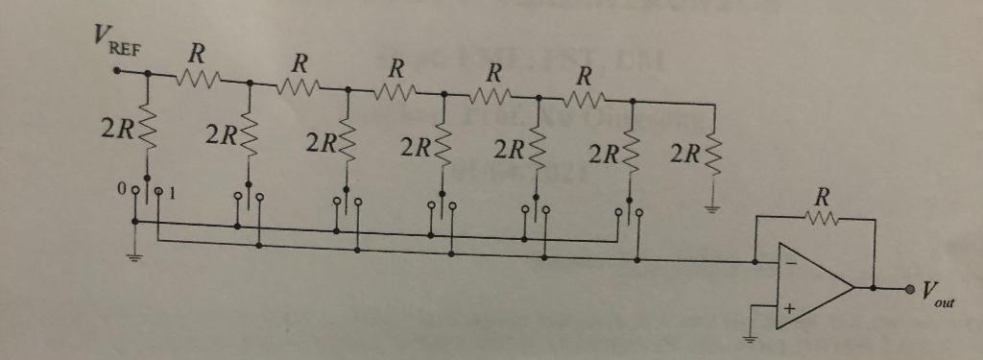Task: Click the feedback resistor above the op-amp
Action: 819,220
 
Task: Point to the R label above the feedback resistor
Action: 819,198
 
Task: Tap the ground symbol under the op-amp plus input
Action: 753,338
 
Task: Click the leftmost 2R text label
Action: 115,131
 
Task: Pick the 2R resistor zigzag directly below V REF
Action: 148,132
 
